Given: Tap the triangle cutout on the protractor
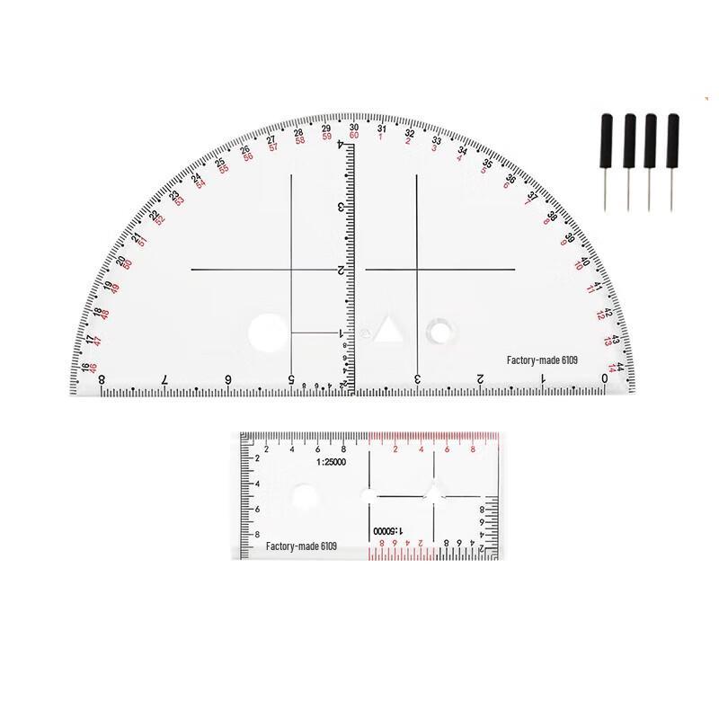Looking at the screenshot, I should (389, 330).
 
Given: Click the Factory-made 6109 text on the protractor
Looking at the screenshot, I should (540, 360).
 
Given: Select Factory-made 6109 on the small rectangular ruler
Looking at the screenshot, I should (302, 546).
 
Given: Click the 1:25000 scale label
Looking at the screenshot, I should (334, 462).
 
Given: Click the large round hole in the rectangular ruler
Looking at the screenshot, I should (305, 495).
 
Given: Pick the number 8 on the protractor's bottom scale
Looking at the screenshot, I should (101, 380).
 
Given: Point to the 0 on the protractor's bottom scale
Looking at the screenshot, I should (605, 379).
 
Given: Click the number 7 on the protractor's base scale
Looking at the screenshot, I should (164, 380).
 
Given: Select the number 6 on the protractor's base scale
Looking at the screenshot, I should (227, 380).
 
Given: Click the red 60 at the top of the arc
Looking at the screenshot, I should (354, 136).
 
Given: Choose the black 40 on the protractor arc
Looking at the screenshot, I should (584, 262).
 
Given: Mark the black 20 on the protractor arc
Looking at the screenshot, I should (121, 262).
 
